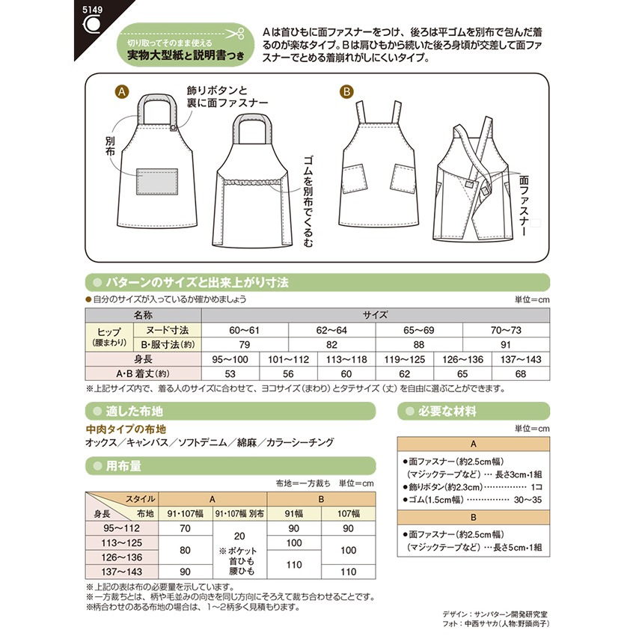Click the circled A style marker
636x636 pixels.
[x=121, y=92]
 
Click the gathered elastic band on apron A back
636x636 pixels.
[x=251, y=181]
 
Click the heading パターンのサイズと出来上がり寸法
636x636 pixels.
[x=196, y=282]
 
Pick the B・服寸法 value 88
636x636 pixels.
[x=420, y=344]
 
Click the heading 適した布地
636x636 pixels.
[x=135, y=411]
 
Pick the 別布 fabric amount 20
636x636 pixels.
[x=240, y=536]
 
